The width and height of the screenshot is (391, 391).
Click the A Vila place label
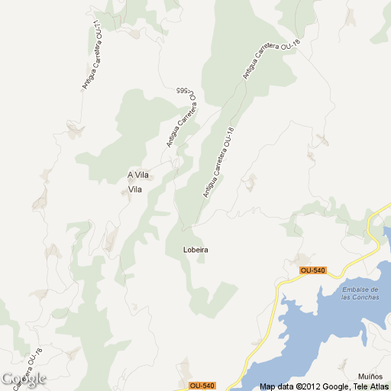(138, 176)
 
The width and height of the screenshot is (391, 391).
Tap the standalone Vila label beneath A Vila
(135, 189)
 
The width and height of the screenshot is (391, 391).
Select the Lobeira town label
(196, 250)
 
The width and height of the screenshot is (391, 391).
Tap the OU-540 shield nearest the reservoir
(313, 270)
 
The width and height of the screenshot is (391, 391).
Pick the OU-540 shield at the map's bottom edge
(202, 386)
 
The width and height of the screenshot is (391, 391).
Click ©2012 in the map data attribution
(305, 386)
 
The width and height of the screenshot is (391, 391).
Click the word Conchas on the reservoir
(365, 297)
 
